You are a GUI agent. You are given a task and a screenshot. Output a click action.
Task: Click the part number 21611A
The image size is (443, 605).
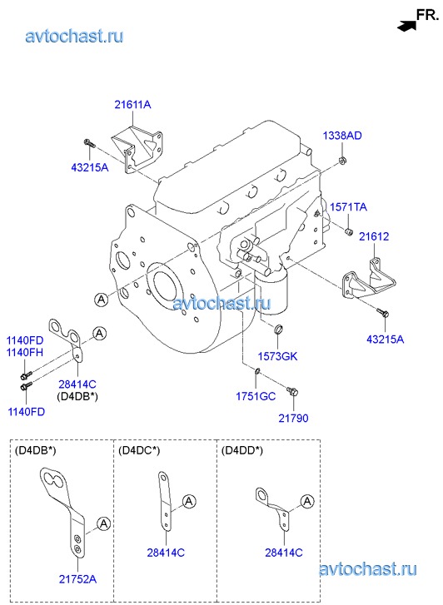point(132,105)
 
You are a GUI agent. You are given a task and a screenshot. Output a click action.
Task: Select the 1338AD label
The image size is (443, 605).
point(342,136)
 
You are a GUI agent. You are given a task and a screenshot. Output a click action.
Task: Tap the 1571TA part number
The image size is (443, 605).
point(348,207)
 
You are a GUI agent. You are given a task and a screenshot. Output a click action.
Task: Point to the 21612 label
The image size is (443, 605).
point(374,236)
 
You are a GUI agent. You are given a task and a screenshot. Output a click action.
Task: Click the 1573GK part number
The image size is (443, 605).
point(277,356)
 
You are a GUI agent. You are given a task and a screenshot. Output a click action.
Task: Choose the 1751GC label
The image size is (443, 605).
point(256,396)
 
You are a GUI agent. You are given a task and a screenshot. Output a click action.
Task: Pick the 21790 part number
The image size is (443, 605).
point(294,418)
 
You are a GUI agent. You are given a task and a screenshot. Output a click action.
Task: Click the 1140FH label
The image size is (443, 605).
point(25,352)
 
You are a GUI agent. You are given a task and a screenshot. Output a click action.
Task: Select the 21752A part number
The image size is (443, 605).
point(77,579)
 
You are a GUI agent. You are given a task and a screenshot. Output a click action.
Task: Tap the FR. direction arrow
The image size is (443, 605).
point(406,27)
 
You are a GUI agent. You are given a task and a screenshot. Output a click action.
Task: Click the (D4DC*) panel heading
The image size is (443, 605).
point(139,450)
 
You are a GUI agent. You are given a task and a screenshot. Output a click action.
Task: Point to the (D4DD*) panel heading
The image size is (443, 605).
point(242,450)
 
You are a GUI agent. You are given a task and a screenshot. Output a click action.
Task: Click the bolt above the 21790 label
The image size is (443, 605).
point(292,391)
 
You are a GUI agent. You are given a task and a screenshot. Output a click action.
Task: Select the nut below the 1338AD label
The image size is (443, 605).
point(341,161)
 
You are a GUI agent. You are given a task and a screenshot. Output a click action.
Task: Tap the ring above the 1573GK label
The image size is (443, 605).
point(278,329)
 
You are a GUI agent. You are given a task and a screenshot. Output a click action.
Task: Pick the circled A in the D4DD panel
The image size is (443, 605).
point(307,501)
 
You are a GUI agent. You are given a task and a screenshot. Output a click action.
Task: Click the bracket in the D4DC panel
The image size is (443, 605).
point(165,500)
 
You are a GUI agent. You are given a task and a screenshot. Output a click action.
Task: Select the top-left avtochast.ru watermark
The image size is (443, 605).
point(75,36)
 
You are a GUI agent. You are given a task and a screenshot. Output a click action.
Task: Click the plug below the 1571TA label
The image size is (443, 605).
point(349,231)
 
